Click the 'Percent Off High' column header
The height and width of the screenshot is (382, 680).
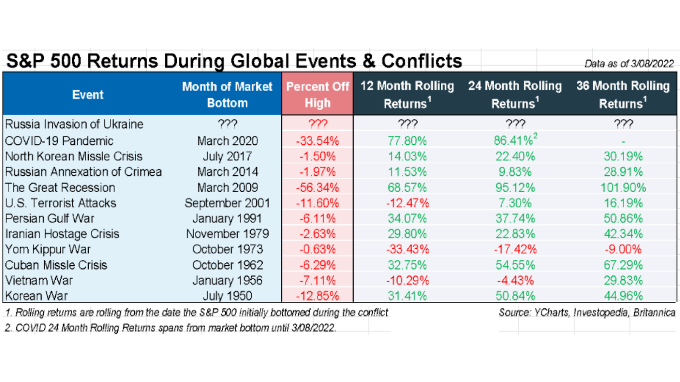point(317,94)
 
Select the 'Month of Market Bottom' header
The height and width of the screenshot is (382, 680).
point(227,94)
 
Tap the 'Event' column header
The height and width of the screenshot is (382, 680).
point(88,94)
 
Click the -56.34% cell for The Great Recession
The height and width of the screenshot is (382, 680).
point(317,188)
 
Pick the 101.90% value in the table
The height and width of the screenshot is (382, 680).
point(623,188)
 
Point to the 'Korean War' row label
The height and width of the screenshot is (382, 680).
point(37,295)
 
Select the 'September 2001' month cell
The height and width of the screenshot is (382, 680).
point(227,203)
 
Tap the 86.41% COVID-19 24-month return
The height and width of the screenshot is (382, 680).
point(513,140)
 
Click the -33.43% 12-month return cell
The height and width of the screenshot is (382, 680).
point(407,249)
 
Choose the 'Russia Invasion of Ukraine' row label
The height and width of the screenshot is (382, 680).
point(74,124)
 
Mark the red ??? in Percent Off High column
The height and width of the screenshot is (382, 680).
point(317,124)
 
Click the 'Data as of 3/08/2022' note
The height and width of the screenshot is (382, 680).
point(629,64)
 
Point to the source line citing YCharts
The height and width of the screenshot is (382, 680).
point(587,312)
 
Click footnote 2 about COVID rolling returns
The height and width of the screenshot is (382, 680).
point(170,328)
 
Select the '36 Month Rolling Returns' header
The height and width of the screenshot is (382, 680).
point(623,94)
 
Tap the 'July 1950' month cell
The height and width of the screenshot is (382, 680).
point(227,295)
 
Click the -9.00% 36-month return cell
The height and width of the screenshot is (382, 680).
point(623,249)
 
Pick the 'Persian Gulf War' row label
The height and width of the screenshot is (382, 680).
point(50,218)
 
